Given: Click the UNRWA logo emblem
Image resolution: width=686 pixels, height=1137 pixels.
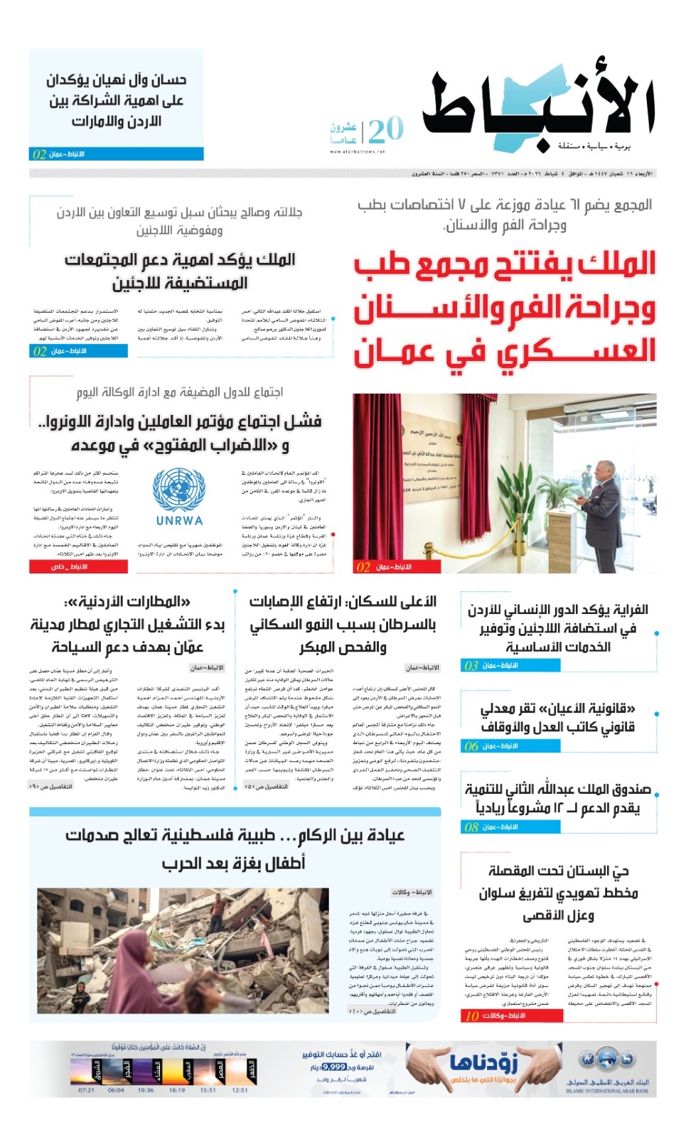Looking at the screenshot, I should pos(178,491).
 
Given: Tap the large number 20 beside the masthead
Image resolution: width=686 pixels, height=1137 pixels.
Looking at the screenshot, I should pos(386,130).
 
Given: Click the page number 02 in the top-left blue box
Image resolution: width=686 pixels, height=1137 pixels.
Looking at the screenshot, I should pos(39,154).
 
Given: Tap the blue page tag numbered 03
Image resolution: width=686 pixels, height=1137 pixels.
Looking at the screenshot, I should pos(471,666).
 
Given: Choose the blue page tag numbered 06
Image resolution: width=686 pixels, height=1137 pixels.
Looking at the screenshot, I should pos(471,746).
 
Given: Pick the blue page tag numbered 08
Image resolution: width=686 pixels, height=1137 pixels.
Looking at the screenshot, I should pos(471,827).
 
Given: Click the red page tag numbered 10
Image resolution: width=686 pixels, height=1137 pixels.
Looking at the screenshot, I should pos(472,1016).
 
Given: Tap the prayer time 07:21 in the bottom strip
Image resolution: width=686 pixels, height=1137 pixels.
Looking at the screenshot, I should pos(86,1090).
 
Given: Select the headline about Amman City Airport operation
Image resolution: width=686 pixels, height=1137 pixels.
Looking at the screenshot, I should pos(127,625).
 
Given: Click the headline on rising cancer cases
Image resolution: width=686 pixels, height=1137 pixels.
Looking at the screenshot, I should pos(343,625).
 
